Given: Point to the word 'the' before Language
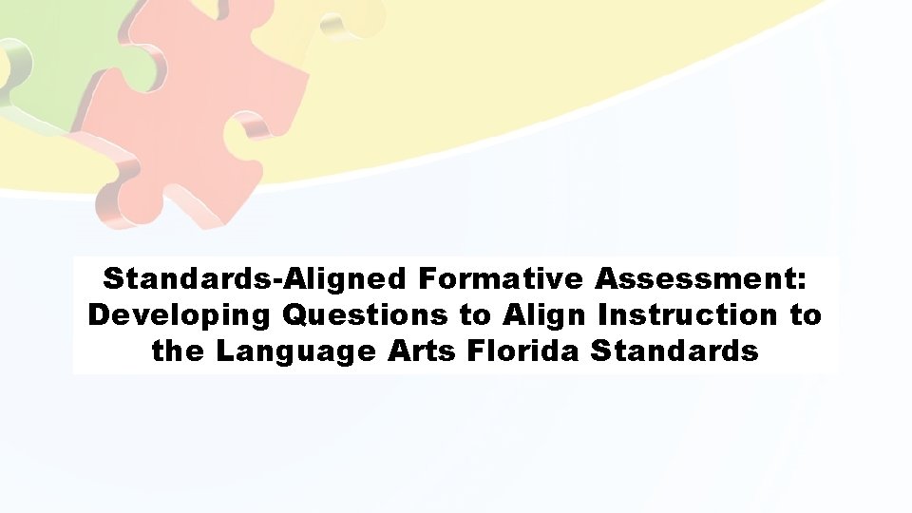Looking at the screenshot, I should [x=179, y=351].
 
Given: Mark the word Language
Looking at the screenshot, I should [x=297, y=351].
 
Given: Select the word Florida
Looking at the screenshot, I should [x=524, y=351].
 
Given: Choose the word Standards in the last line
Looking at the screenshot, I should [x=674, y=351].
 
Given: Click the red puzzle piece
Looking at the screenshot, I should [x=190, y=123].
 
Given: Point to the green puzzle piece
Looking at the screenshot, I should [x=47, y=57].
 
